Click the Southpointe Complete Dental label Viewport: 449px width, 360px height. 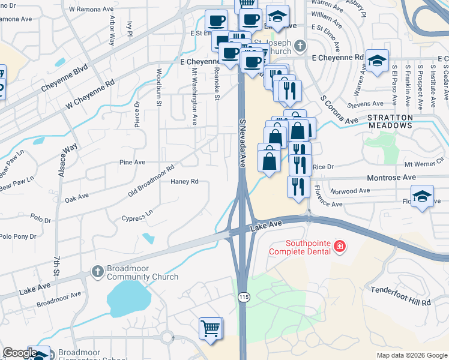point(300,247)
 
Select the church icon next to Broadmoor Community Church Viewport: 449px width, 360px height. point(96,272)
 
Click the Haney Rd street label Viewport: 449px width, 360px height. point(184,181)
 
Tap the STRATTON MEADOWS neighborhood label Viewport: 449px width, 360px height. point(390,122)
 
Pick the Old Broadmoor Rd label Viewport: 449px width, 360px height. point(151,180)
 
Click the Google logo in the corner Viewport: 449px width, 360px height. point(20,353)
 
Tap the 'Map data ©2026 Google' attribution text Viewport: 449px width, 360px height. point(411,355)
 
